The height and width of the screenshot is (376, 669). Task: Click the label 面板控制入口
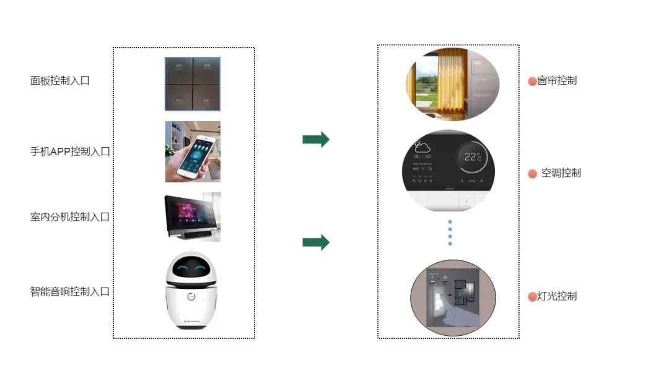[60, 80]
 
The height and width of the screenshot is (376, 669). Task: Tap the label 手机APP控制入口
[70, 152]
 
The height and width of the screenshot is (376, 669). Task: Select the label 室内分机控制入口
[70, 217]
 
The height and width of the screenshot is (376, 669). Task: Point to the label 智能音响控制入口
[70, 291]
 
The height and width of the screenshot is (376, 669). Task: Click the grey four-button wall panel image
[192, 84]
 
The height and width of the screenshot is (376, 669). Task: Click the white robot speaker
[192, 291]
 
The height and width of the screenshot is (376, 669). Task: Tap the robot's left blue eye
[182, 269]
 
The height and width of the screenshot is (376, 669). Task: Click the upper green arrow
[316, 140]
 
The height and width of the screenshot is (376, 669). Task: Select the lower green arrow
[316, 242]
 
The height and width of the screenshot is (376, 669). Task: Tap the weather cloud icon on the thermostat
[422, 147]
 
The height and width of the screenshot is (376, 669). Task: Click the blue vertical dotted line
[450, 233]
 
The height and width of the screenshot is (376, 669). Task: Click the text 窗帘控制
[557, 81]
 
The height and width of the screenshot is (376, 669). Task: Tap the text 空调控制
[561, 173]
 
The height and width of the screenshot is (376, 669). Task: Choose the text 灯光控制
[557, 296]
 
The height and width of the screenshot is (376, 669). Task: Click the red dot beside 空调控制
[532, 174]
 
